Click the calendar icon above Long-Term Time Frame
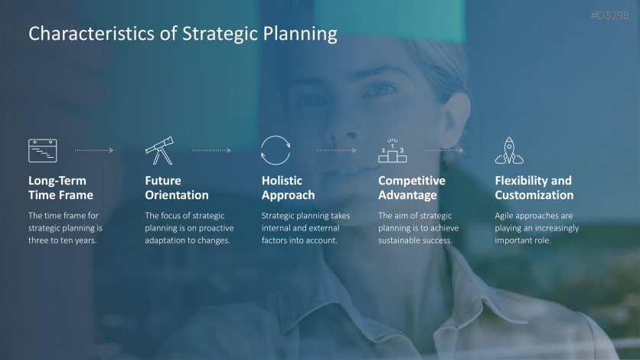tap(42, 150)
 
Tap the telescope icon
tap(159, 150)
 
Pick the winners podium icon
tap(392, 151)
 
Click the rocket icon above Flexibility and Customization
tap(509, 151)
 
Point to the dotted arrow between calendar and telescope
tap(94, 150)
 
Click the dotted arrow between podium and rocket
tap(444, 150)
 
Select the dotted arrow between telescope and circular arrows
tap(212, 150)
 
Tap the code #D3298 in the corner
tap(610, 15)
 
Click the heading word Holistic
tap(282, 181)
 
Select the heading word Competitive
tap(412, 181)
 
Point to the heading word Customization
tap(534, 195)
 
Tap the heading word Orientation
tap(177, 195)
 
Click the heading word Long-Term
tap(57, 181)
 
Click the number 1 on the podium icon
tap(392, 146)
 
